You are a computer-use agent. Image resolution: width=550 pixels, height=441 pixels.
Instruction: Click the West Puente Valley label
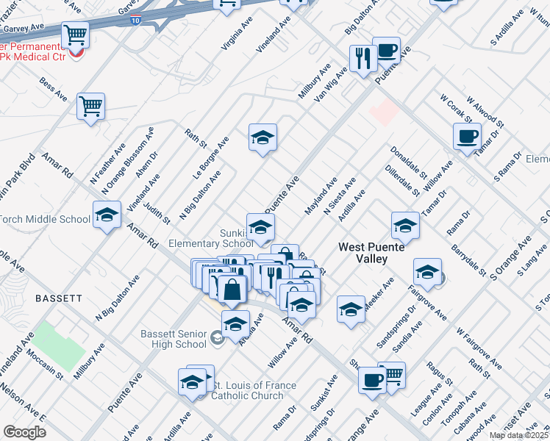click(x=371, y=253)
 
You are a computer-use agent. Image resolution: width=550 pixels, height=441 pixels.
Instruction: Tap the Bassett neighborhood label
click(x=59, y=298)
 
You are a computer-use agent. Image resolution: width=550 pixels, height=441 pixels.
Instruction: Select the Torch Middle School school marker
click(x=107, y=215)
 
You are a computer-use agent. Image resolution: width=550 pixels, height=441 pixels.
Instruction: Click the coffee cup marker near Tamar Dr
click(x=466, y=136)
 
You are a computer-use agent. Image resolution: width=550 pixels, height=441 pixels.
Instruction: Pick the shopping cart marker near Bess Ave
click(x=91, y=107)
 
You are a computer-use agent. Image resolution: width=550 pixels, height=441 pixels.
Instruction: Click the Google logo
click(x=24, y=432)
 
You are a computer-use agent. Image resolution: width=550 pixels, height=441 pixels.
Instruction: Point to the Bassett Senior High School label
click(x=174, y=339)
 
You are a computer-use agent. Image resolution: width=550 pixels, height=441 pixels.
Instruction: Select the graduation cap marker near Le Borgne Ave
click(x=262, y=137)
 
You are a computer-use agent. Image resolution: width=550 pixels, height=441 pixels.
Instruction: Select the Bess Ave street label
click(x=54, y=90)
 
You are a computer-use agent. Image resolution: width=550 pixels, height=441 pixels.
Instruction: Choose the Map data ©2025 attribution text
click(x=519, y=435)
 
